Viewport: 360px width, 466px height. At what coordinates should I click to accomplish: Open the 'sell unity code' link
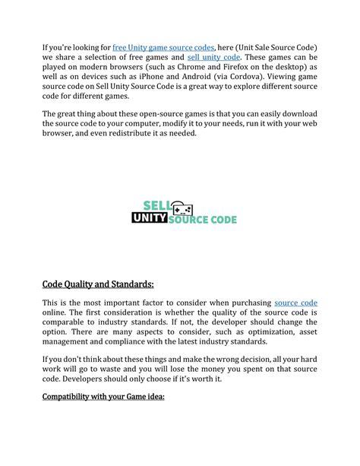[x=213, y=58]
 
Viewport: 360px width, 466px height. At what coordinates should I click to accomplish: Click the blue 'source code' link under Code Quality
[x=295, y=303]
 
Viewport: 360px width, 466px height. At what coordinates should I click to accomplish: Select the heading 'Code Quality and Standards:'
[x=98, y=284]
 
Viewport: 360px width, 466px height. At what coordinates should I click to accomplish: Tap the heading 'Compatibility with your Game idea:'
[x=103, y=397]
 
